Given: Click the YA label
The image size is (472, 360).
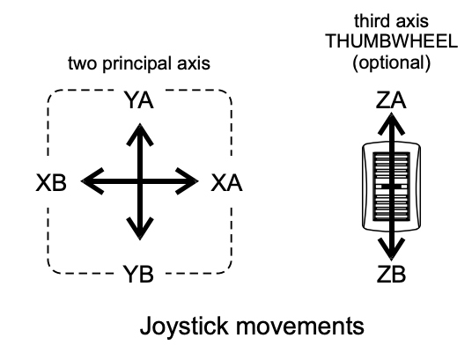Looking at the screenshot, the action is point(139,100).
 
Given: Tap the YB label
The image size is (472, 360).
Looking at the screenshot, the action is point(139,274).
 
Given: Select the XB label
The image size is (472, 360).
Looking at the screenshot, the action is point(51,183).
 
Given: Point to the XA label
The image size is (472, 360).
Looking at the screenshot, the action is point(226,183).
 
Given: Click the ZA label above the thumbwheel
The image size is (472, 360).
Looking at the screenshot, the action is point(391,100).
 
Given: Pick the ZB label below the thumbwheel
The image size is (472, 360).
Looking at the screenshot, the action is point(391,275).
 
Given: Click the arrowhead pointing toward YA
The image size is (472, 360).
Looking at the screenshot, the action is point(140,134).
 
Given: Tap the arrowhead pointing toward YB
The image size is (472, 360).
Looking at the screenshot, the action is point(140,229).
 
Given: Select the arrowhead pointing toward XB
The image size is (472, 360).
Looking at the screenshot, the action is point(92,181).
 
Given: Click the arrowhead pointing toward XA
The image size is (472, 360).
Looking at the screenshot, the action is point(188,181).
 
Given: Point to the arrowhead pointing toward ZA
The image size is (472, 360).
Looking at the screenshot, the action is point(391,124).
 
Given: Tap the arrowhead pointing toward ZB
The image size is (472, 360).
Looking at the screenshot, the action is point(391,249).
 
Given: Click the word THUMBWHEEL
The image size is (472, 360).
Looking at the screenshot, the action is point(392,41).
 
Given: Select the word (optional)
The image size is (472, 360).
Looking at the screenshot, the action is point(391,62).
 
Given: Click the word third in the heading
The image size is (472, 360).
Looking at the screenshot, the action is point(368,21).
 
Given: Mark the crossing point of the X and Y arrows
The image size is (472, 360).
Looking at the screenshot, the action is point(140,181).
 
